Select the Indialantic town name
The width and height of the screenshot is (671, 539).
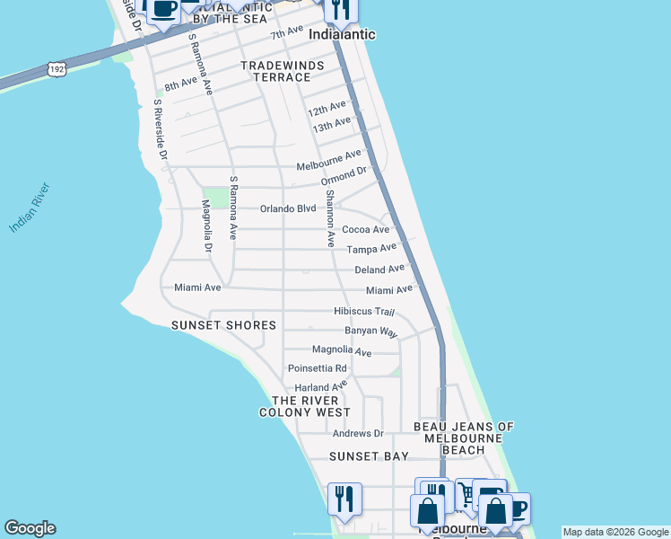pos(341,34)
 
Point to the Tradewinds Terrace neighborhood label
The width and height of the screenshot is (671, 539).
pos(274,72)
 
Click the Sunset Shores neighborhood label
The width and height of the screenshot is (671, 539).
pos(223,324)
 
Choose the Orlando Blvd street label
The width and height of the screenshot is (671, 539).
pos(288,208)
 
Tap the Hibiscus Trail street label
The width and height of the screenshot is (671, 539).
pos(364,311)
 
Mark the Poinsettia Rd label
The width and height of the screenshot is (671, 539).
pos(317,368)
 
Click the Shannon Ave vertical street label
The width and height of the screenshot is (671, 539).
pos(330,218)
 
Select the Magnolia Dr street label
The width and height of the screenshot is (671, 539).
pos(207,227)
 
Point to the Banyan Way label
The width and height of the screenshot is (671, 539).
pos(370,331)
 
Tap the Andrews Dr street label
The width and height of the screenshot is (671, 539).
pos(358,433)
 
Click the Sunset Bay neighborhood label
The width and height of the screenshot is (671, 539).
pos(369,456)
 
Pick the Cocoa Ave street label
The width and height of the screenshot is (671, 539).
pos(365,229)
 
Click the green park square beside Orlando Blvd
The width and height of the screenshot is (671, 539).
pos(215,198)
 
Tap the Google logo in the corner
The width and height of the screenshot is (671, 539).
pos(30,528)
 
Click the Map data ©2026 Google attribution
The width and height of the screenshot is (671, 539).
pos(614,532)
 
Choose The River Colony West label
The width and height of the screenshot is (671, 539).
pos(305,406)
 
